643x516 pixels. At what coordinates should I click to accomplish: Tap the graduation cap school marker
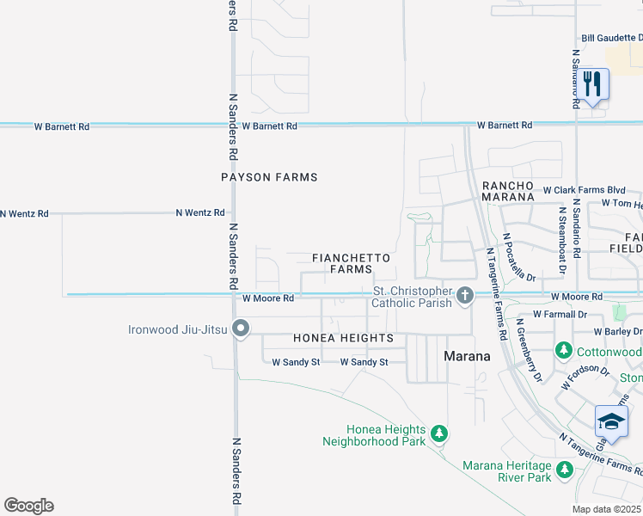click(x=611, y=422)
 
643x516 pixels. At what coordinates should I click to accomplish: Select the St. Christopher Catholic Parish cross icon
click(x=465, y=296)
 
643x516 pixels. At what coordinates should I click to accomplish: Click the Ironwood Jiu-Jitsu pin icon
click(x=242, y=329)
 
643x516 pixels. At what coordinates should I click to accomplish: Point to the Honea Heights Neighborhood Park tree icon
click(x=439, y=432)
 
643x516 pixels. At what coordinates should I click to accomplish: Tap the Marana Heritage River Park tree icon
click(x=565, y=469)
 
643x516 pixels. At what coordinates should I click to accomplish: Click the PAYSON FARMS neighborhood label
click(x=269, y=177)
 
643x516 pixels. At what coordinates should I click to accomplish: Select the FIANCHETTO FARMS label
click(x=351, y=263)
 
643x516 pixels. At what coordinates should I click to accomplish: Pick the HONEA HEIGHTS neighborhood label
click(x=343, y=338)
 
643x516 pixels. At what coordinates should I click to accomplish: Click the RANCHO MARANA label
click(x=508, y=191)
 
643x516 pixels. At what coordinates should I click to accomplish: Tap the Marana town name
click(x=467, y=356)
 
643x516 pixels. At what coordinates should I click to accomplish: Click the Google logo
click(x=28, y=506)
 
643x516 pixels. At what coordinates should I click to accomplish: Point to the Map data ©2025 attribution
click(x=607, y=509)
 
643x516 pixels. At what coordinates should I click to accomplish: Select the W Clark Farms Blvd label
click(x=584, y=189)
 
